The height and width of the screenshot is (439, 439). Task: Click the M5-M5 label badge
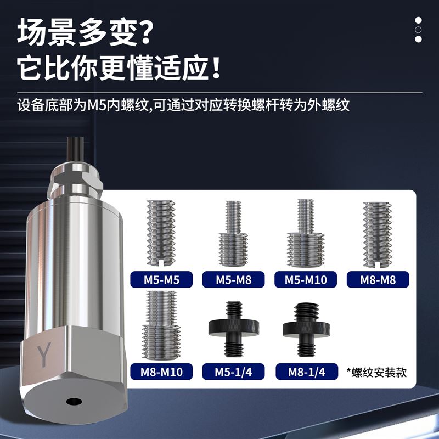click(161, 279)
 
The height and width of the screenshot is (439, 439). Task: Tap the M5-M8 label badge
click(234, 279)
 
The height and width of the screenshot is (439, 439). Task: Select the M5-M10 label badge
click(306, 279)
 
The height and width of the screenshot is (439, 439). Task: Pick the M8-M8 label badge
click(378, 279)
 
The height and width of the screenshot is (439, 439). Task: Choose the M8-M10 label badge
click(161, 372)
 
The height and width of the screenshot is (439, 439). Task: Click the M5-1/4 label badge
click(234, 372)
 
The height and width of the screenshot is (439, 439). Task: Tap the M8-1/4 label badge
click(307, 372)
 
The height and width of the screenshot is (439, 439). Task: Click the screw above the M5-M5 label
click(161, 233)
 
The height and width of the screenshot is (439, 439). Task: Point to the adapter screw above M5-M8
click(234, 233)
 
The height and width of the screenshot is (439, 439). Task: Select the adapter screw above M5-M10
click(306, 233)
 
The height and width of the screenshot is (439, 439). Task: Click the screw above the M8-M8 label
click(378, 235)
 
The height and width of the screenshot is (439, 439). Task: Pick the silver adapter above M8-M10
click(161, 325)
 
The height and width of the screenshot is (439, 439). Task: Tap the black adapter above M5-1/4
click(234, 329)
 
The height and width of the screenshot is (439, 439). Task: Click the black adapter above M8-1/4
click(306, 330)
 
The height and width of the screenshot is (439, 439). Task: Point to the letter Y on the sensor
click(44, 354)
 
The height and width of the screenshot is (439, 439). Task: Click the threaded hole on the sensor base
click(74, 402)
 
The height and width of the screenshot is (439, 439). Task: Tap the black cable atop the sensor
click(76, 150)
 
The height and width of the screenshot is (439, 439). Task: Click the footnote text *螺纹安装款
click(376, 373)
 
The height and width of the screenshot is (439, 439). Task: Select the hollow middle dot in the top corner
click(418, 30)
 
